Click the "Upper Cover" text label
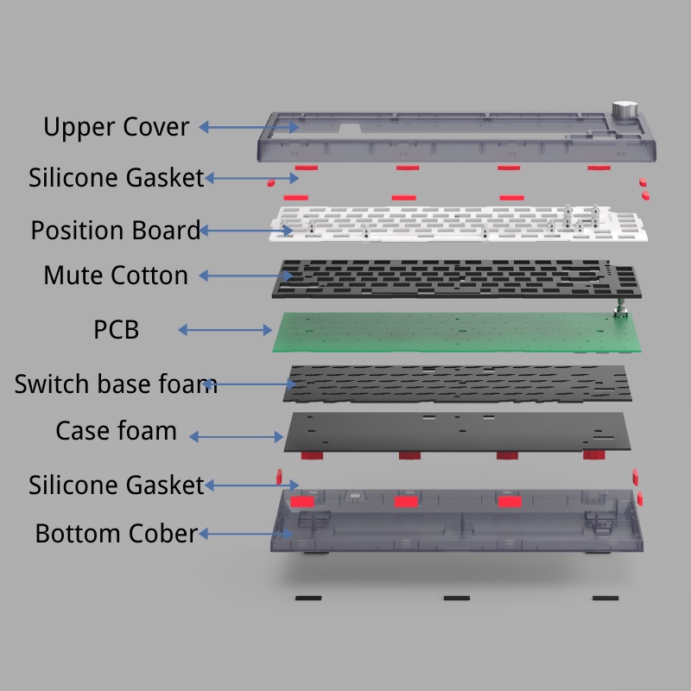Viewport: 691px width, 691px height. pos(116,127)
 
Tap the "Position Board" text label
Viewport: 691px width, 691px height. pos(115,231)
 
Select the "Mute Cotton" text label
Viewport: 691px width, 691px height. pos(116,276)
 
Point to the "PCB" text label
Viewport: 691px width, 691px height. pos(116,330)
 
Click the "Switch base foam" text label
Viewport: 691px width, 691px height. pos(116,384)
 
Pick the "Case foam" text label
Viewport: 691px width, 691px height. pos(116,430)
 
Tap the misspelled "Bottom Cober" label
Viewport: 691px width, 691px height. pos(116,533)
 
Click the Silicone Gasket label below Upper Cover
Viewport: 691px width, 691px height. pos(116,178)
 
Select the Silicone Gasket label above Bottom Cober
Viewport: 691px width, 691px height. pos(116,485)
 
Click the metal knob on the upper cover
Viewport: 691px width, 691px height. pos(624,111)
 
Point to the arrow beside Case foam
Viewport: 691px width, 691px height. pos(237,437)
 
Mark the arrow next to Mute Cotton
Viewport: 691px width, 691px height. pos(246,276)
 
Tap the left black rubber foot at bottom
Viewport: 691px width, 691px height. pos(308,598)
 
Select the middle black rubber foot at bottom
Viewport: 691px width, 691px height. pos(456,598)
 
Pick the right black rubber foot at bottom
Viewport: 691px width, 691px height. pos(605,598)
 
